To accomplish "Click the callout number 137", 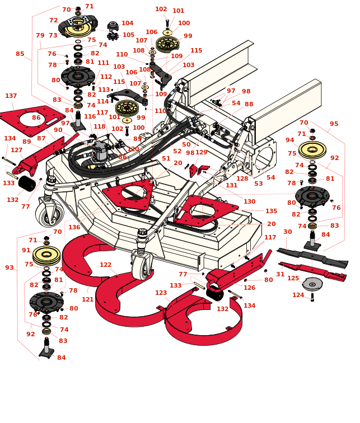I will point(11,96).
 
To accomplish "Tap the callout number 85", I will point(20,54).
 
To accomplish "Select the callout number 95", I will point(334,124).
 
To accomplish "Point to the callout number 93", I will point(10,268).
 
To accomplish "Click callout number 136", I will point(74,228).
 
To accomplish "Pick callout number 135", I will point(271,211).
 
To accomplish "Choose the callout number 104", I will point(128,23).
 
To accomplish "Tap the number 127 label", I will point(17,151).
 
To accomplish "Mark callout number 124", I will point(298,295).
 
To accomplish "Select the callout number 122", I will point(105,265).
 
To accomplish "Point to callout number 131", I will point(231,186).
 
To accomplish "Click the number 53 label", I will point(258,184).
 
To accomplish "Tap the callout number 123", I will point(161,293).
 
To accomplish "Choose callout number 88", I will point(249,105).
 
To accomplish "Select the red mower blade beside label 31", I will point(314,271).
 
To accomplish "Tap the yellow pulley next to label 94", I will point(312,149).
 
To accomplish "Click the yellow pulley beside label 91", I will point(46,255).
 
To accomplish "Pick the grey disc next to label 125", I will point(312,284).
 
